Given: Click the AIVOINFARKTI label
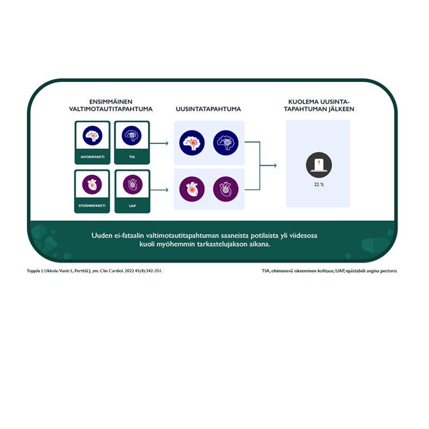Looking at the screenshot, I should (x=92, y=156).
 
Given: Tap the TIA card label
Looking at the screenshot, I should (x=132, y=156).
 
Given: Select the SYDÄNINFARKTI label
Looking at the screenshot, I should (x=92, y=205).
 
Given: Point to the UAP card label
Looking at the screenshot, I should (x=132, y=205).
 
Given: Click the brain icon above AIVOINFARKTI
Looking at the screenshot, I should (x=92, y=136).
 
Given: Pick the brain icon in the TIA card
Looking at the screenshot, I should (x=132, y=136).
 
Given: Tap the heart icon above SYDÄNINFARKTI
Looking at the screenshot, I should (x=92, y=184).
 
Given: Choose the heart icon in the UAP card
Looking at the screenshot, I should (x=132, y=184).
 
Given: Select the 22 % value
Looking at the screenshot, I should (x=319, y=184).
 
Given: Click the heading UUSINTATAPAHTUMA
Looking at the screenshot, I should (x=208, y=109).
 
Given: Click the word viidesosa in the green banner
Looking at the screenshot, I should (x=319, y=235).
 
